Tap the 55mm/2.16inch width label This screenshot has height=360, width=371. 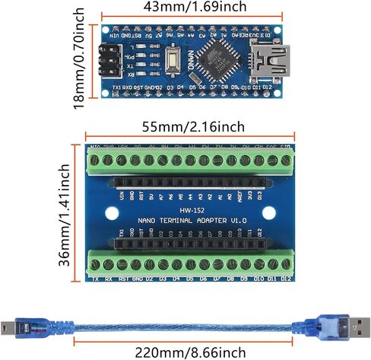189,126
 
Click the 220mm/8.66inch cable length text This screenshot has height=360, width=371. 189,352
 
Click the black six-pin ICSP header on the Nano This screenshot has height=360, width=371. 109,59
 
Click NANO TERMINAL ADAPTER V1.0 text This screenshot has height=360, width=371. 188,221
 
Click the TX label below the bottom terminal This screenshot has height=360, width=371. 96,279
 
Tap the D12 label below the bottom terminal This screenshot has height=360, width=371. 286,279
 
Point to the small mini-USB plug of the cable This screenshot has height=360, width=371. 21,326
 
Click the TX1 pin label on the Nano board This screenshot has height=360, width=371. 116,89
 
